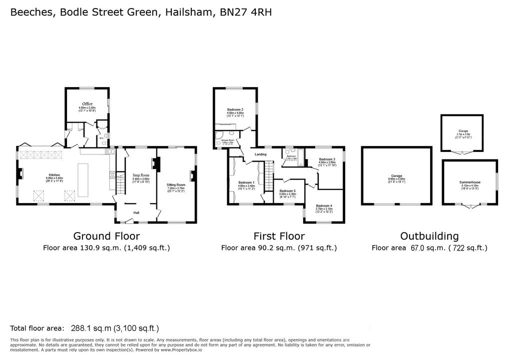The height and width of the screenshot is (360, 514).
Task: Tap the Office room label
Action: pyautogui.click(x=87, y=104)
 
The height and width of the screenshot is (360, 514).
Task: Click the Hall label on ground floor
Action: pyautogui.click(x=136, y=212)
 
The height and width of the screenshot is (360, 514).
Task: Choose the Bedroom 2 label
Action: pyautogui.click(x=235, y=109)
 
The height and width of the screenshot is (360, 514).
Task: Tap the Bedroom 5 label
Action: pyautogui.click(x=287, y=191)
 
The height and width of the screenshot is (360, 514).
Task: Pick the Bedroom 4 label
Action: pyautogui.click(x=324, y=205)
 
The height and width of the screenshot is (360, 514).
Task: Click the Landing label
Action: pyautogui.click(x=260, y=154)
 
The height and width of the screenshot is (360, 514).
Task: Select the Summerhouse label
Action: pyautogui.click(x=470, y=182)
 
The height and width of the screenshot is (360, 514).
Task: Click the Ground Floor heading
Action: pyautogui.click(x=106, y=236)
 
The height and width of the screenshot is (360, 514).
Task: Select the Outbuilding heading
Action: pyautogui.click(x=430, y=236)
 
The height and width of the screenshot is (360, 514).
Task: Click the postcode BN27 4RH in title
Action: pyautogui.click(x=246, y=13)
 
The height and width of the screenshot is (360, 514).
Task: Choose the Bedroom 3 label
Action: pyautogui.click(x=327, y=159)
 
